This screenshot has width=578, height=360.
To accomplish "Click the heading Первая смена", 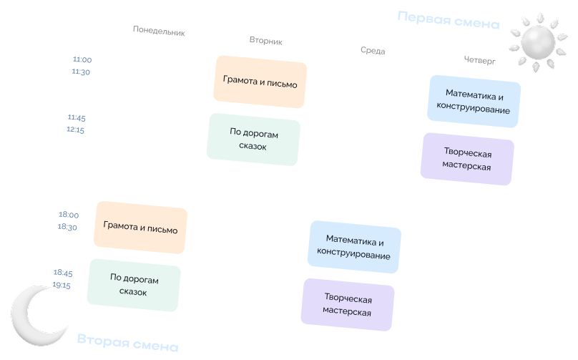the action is (449, 20).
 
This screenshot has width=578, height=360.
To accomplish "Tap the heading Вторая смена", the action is (127, 342).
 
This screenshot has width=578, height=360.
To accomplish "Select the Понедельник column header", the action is (159, 31).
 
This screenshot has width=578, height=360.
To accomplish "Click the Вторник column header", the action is (265, 41).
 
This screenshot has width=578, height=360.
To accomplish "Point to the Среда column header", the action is (373, 51).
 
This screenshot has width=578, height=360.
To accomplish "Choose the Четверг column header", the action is (479, 60).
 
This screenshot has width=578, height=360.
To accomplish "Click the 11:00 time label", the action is (82, 59).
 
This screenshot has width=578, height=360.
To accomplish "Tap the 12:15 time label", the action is (75, 130).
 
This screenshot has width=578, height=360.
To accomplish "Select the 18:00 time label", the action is (69, 215).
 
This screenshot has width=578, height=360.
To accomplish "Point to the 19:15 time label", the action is (62, 285).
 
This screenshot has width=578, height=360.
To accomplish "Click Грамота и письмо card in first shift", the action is (260, 82).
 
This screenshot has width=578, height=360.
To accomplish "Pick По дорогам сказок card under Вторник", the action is (253, 140).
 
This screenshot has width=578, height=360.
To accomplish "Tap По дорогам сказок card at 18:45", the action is (134, 286).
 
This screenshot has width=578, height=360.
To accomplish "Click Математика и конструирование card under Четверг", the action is (474, 102).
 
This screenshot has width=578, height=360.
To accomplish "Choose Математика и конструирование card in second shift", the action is (354, 247).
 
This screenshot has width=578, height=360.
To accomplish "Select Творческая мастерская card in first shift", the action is (467, 159).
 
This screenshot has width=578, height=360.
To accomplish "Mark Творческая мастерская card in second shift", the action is (348, 305).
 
